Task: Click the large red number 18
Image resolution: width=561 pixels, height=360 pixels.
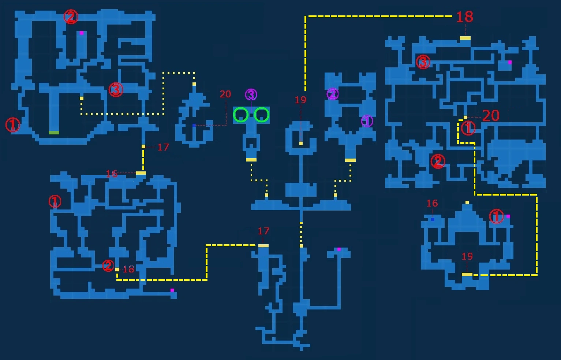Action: tap(464, 17)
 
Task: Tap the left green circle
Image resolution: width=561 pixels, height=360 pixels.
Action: tap(241, 115)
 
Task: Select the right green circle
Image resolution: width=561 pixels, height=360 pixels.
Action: tap(262, 115)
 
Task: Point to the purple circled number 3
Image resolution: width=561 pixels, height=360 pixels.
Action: tap(251, 95)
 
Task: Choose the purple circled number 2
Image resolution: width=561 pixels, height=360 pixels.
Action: tap(332, 94)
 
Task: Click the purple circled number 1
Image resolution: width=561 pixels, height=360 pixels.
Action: tap(367, 121)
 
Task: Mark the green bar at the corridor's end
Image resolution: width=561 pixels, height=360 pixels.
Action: tap(54, 133)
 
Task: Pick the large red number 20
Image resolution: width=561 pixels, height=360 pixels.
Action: tap(491, 116)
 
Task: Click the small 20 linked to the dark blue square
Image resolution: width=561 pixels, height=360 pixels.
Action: tap(225, 94)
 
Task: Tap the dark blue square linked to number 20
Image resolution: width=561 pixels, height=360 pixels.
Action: tap(194, 126)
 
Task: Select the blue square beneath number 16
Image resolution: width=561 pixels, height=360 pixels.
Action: tap(433, 219)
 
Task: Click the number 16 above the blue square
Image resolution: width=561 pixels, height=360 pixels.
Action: tap(432, 203)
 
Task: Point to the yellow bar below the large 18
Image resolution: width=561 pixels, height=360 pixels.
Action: tap(465, 38)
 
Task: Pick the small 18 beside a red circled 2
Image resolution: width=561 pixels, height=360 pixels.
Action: tap(128, 270)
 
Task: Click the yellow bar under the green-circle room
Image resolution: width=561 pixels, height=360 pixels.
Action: tap(251, 160)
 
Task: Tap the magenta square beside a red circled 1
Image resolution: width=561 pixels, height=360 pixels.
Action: tap(508, 216)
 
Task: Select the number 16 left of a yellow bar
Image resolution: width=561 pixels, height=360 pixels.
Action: tap(112, 174)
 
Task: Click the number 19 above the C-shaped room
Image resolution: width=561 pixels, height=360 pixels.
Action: tap(300, 100)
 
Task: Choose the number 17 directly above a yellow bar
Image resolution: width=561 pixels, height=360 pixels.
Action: tap(263, 231)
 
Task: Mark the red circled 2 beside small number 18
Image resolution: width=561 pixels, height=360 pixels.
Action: tap(108, 266)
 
